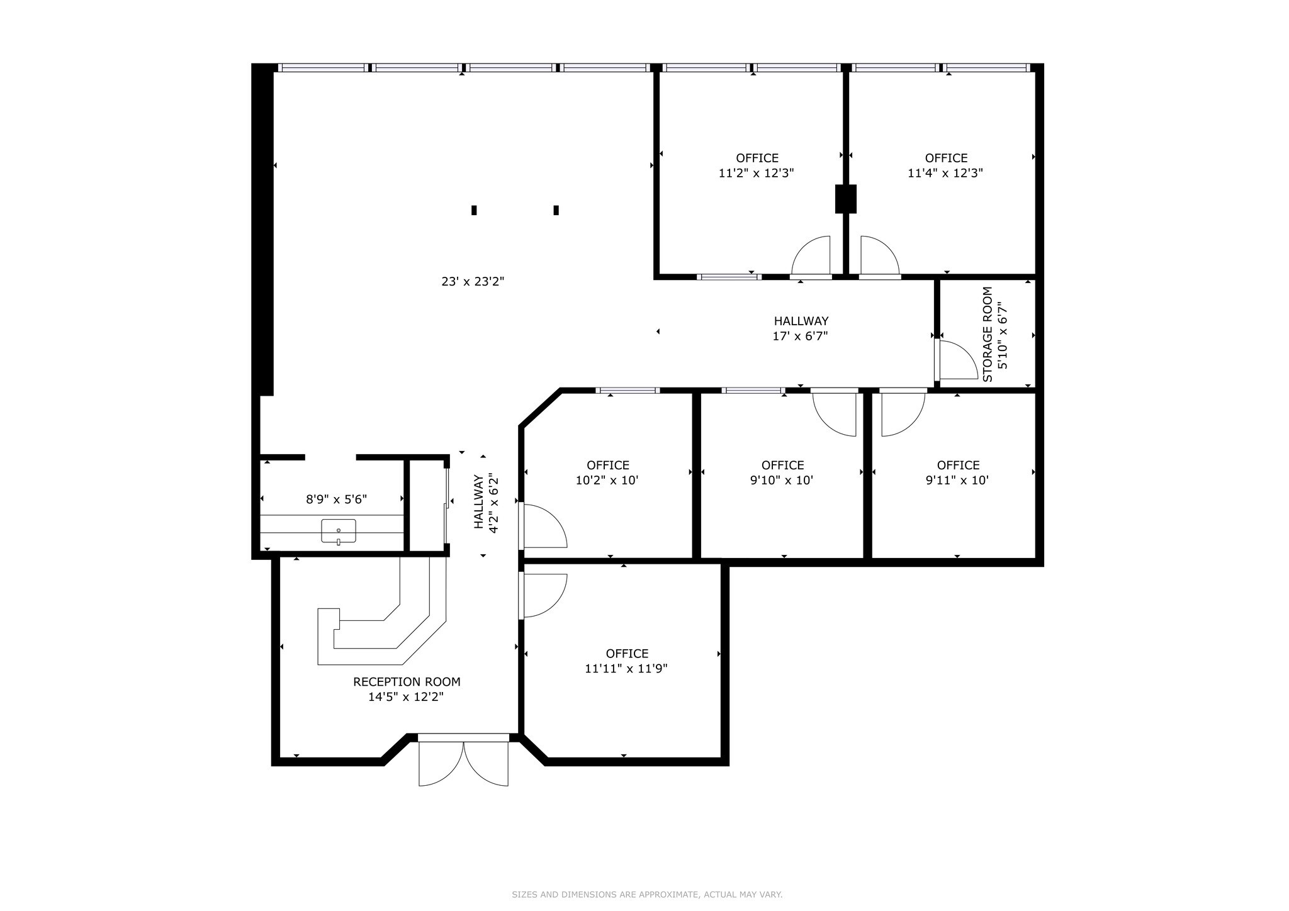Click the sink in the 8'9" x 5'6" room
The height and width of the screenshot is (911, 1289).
tap(339, 531)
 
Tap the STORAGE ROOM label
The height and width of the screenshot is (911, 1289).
tap(988, 334)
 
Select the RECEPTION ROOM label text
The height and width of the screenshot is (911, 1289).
tap(407, 682)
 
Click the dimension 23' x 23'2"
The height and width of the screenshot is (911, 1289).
tap(473, 281)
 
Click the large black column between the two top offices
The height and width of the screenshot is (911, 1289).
tap(845, 199)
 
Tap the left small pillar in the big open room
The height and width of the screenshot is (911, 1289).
tap(474, 210)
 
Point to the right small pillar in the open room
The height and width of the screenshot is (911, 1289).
tap(556, 210)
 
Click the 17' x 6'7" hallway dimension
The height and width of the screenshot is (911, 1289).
tap(800, 336)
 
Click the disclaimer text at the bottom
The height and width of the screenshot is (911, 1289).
tap(647, 895)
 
